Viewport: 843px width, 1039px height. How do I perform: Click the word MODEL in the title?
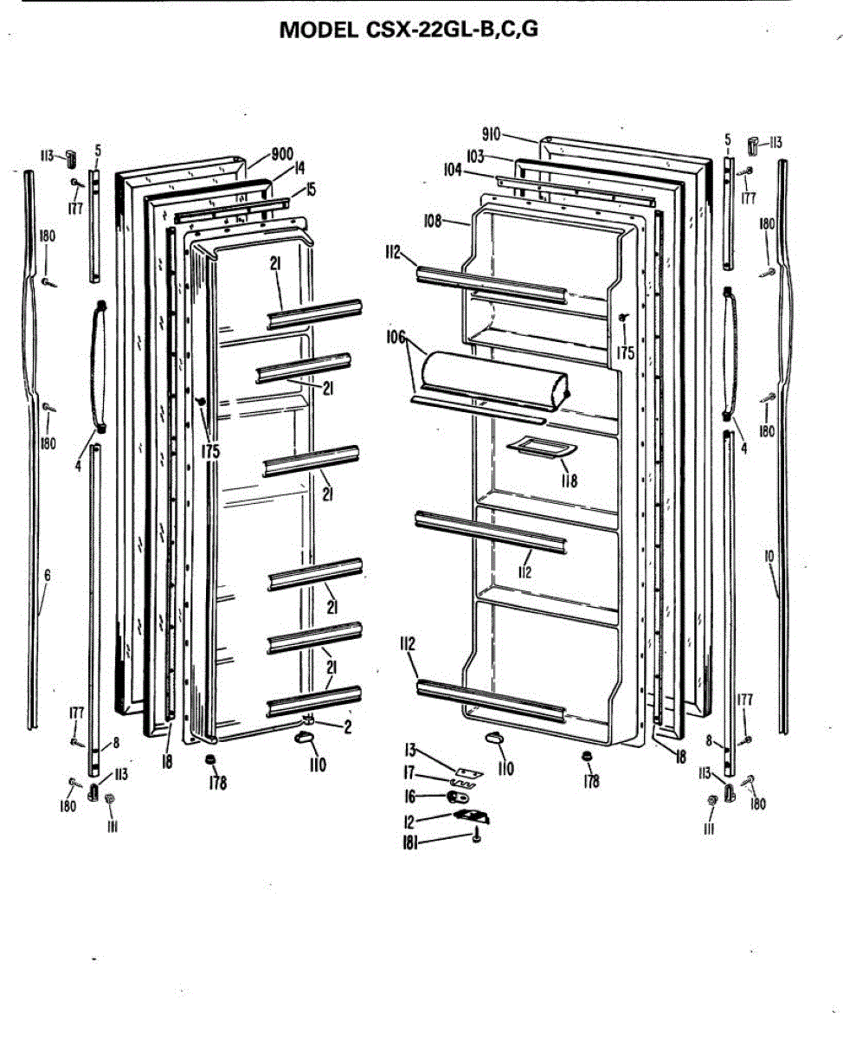[x=318, y=29]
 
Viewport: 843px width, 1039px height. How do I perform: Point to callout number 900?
[x=282, y=154]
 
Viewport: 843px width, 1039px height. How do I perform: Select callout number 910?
[x=491, y=134]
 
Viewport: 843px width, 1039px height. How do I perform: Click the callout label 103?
[x=474, y=157]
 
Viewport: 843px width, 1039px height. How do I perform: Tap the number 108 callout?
[x=434, y=221]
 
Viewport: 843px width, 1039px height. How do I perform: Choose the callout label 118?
[x=569, y=481]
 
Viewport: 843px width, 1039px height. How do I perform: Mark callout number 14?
[x=299, y=168]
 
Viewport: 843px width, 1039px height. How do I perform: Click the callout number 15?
[x=311, y=188]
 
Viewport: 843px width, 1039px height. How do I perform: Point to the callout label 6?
[x=48, y=574]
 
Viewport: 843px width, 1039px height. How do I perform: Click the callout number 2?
[x=347, y=727]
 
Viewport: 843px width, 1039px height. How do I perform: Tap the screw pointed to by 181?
[x=476, y=838]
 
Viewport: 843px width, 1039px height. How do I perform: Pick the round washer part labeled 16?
[x=458, y=796]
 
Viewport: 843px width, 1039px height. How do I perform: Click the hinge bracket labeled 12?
[x=472, y=816]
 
